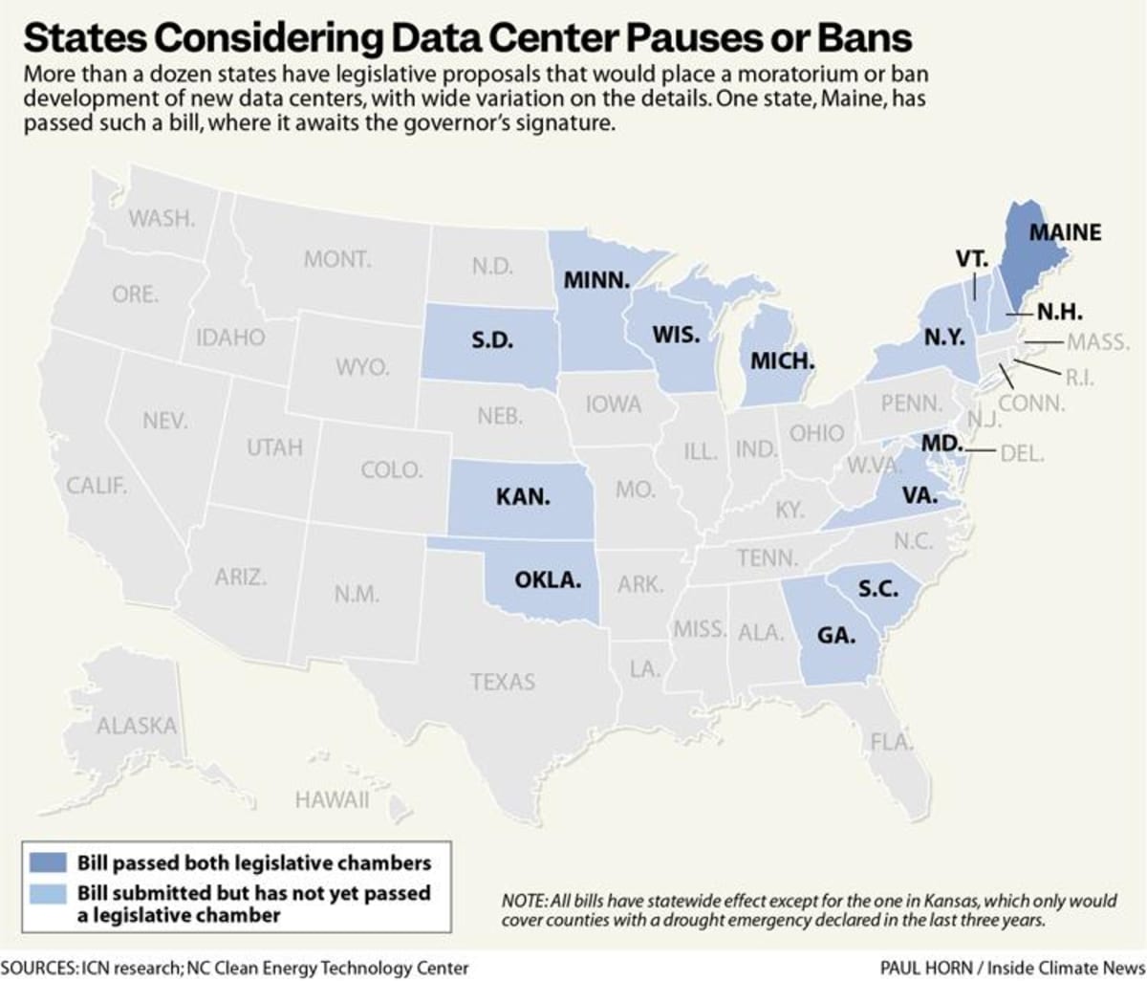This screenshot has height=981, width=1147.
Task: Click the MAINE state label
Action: [x=1065, y=232]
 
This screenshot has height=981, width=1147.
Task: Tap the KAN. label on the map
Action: [x=523, y=497]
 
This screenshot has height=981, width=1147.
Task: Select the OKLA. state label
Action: [x=548, y=579]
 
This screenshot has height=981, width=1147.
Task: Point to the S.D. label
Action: [x=492, y=340]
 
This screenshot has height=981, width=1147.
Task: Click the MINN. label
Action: [x=596, y=281]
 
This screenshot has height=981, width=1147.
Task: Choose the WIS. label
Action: [x=676, y=336]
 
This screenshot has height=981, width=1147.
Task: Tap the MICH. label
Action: [x=782, y=361]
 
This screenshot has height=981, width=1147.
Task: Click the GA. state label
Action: [x=835, y=634]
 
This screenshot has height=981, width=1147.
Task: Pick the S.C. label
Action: [x=877, y=589]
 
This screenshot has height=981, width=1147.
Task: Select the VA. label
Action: [x=920, y=495]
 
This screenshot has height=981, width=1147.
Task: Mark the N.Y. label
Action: [x=944, y=338]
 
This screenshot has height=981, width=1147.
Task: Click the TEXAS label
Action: [x=503, y=682]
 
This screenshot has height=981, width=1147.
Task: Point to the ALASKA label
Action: [x=137, y=726]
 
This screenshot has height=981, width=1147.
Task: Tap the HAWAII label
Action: [x=332, y=799]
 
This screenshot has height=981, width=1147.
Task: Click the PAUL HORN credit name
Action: [x=921, y=967]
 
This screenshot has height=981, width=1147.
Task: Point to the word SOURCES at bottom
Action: [x=38, y=967]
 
